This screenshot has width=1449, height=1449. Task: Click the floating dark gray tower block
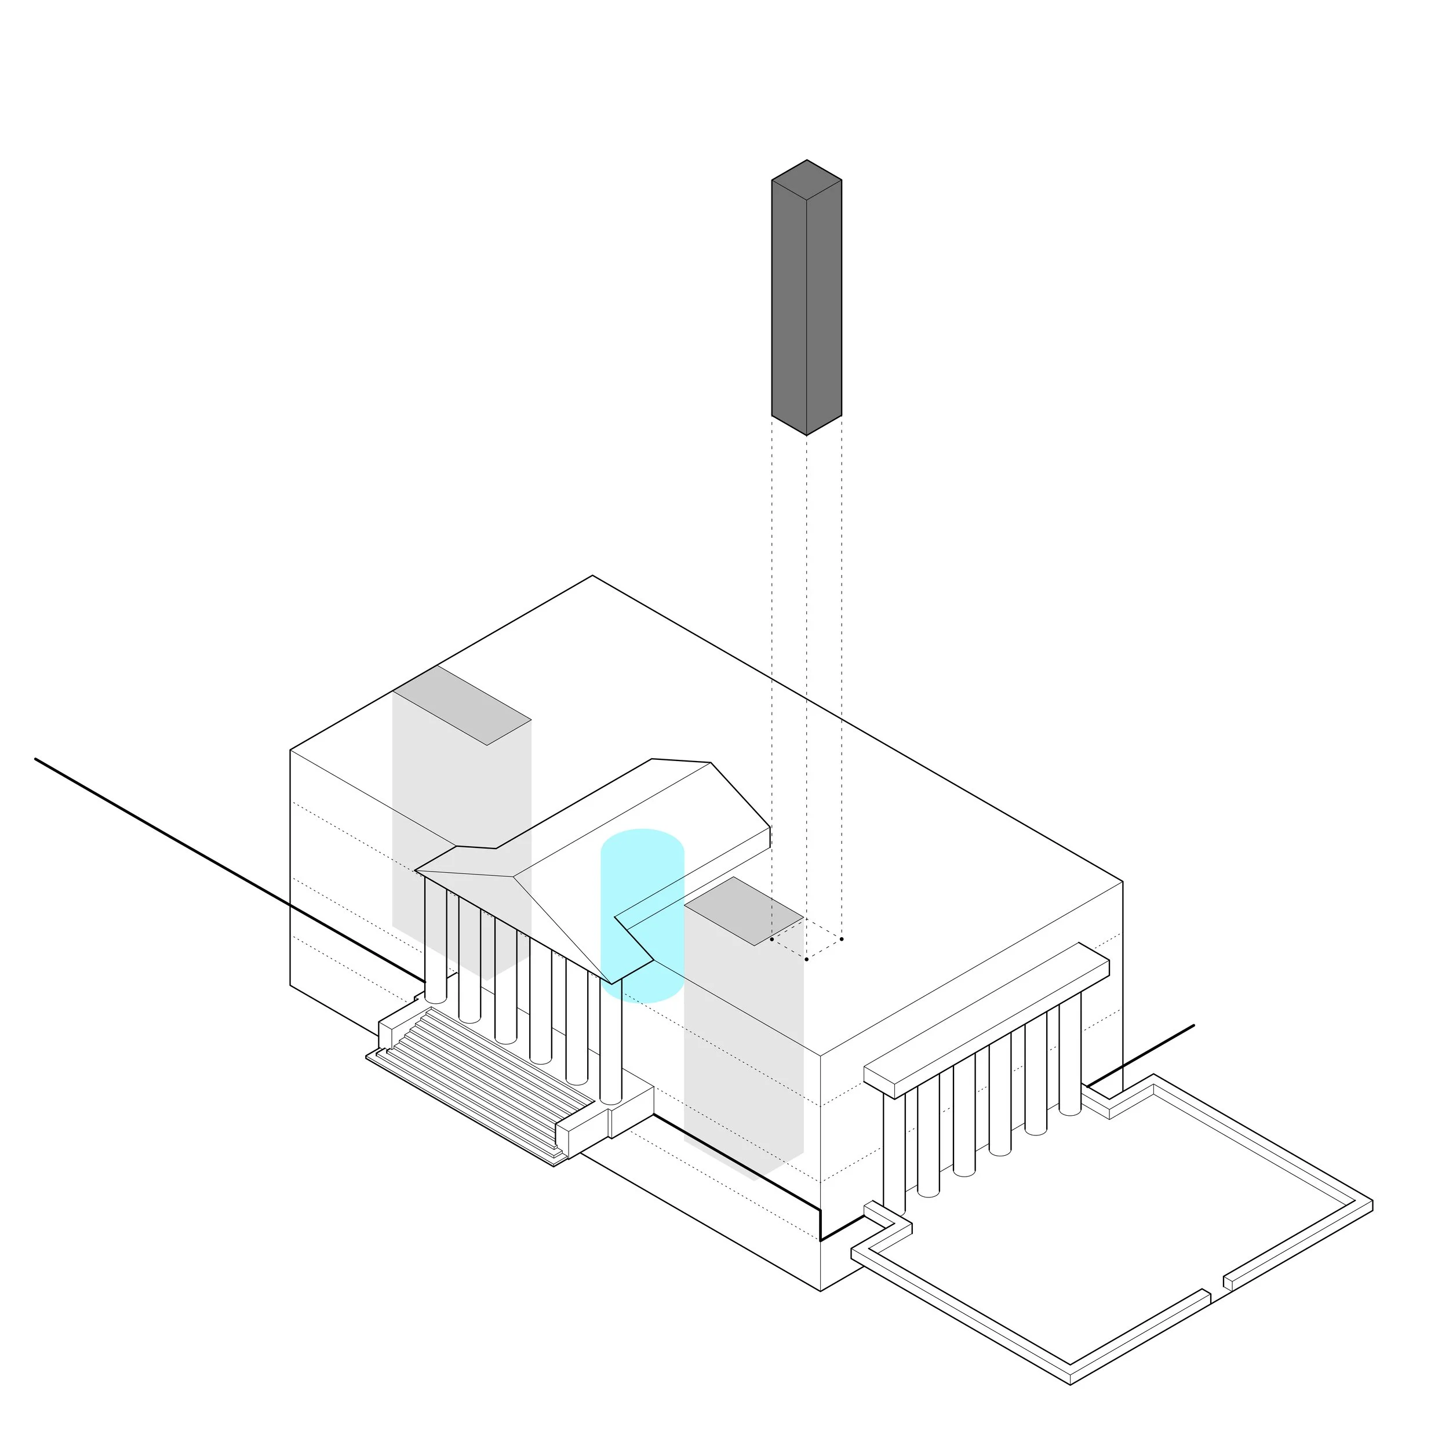806,300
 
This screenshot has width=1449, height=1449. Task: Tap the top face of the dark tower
806,180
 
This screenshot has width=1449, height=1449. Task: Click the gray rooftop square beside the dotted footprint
742,911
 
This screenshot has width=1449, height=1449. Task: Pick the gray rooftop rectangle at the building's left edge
462,705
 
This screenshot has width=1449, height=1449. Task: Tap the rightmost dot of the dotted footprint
842,939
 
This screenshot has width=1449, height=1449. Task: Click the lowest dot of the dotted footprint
806,959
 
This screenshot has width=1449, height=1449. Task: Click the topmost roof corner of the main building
592,576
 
